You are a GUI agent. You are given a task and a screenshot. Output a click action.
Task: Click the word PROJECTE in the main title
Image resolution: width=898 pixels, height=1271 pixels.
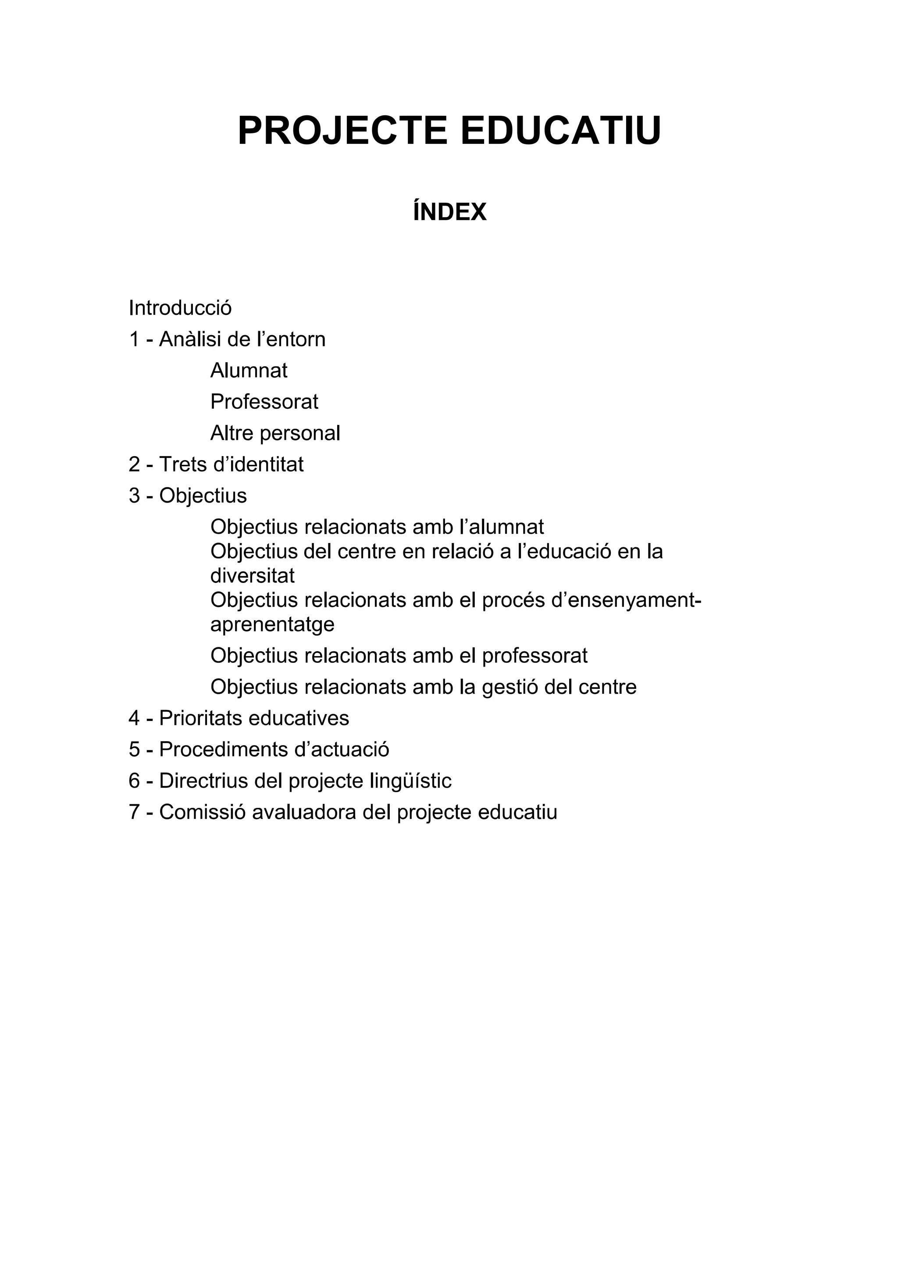point(342,131)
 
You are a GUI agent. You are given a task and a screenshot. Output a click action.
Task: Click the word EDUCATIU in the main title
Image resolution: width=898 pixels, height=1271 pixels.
point(560,131)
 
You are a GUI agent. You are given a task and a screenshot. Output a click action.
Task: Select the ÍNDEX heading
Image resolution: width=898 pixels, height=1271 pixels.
point(449,212)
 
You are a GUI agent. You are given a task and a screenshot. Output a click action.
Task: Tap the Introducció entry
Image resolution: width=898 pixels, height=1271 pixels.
point(180,308)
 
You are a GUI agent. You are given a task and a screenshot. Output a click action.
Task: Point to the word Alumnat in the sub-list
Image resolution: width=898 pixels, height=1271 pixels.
point(249,370)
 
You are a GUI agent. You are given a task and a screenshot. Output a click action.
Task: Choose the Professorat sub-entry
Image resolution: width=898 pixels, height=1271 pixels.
point(264,402)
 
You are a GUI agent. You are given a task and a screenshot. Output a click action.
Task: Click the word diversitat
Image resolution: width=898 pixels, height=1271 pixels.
point(252,576)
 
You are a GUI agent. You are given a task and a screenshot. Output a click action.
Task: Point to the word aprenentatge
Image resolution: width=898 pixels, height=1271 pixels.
point(272,625)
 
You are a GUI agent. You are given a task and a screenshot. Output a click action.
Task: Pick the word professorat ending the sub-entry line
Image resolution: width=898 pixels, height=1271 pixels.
point(535,656)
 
